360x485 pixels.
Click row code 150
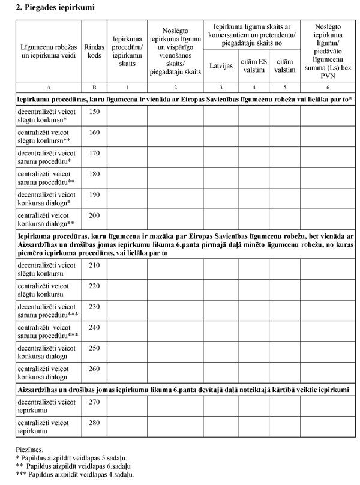coord(94,112)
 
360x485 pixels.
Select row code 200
coord(94,214)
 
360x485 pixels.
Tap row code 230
coord(94,306)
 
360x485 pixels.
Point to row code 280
coord(94,424)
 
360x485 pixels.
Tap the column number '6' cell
coord(327,86)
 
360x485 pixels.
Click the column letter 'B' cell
coord(94,86)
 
